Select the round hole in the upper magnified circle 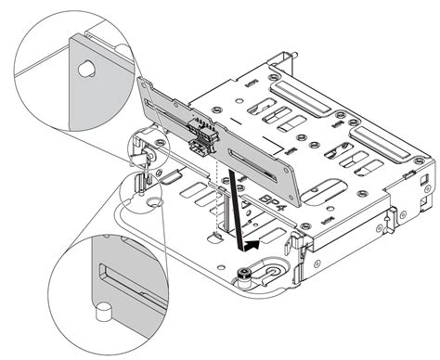[x=85, y=69]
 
